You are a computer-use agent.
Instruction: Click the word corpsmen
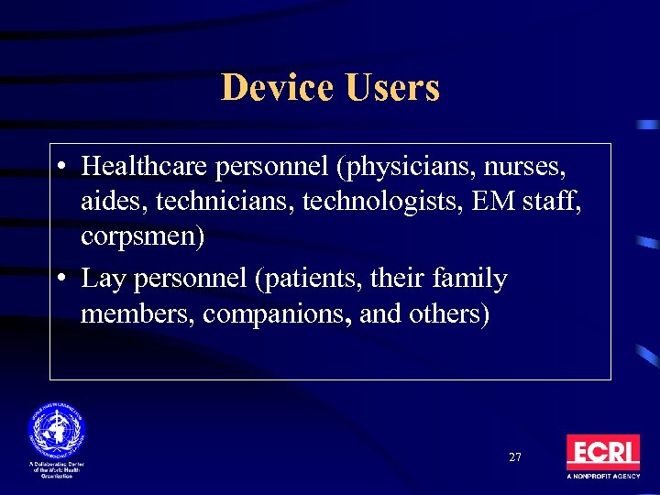142,236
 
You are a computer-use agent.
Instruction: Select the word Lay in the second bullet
103,279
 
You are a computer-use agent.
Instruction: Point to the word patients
307,279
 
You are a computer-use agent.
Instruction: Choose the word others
446,313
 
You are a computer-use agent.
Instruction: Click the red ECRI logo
602,453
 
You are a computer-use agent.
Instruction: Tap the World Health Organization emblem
56,428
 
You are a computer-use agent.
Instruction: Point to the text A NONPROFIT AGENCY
602,478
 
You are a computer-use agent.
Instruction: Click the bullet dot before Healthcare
60,168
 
